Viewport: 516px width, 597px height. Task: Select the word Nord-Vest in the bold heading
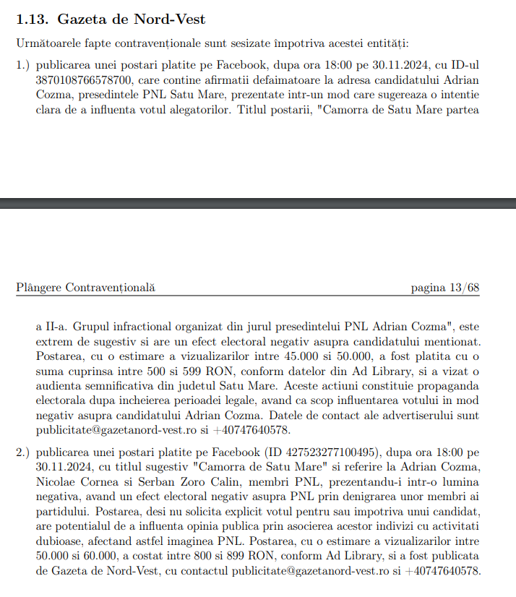(175, 19)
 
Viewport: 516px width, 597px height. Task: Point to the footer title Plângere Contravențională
(85, 288)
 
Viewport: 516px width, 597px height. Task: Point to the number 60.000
(90, 556)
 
